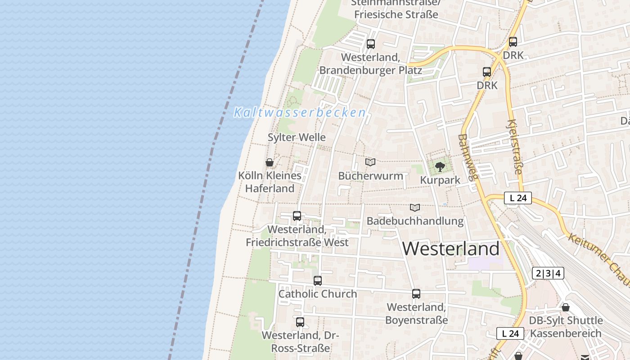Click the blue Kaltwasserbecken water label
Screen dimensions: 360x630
tap(300, 112)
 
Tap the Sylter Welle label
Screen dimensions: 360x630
tap(297, 137)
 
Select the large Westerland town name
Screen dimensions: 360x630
tap(450, 248)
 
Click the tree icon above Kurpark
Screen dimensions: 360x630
tap(440, 167)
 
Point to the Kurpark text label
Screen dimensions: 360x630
tap(440, 180)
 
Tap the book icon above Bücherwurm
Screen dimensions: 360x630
tap(370, 162)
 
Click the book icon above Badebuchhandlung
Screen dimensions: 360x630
tap(415, 207)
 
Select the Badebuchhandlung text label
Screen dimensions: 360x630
tap(415, 221)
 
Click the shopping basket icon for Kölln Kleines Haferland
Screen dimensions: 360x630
tap(270, 162)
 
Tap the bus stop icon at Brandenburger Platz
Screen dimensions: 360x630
tap(371, 44)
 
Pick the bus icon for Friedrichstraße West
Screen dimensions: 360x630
tap(297, 216)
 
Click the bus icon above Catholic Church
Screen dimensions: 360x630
tap(318, 281)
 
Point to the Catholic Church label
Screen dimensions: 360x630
tap(318, 294)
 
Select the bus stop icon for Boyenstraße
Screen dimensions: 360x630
tap(416, 294)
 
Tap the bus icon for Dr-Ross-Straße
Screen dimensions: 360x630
tap(300, 322)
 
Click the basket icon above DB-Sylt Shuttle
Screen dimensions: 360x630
tap(566, 307)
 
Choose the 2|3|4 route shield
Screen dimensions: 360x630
tap(548, 273)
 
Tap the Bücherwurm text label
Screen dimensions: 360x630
tap(370, 175)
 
